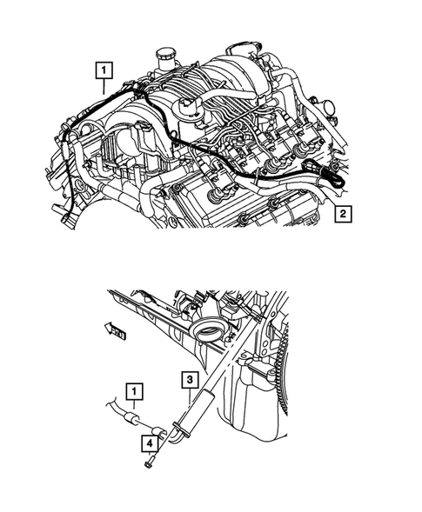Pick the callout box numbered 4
(151, 445)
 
